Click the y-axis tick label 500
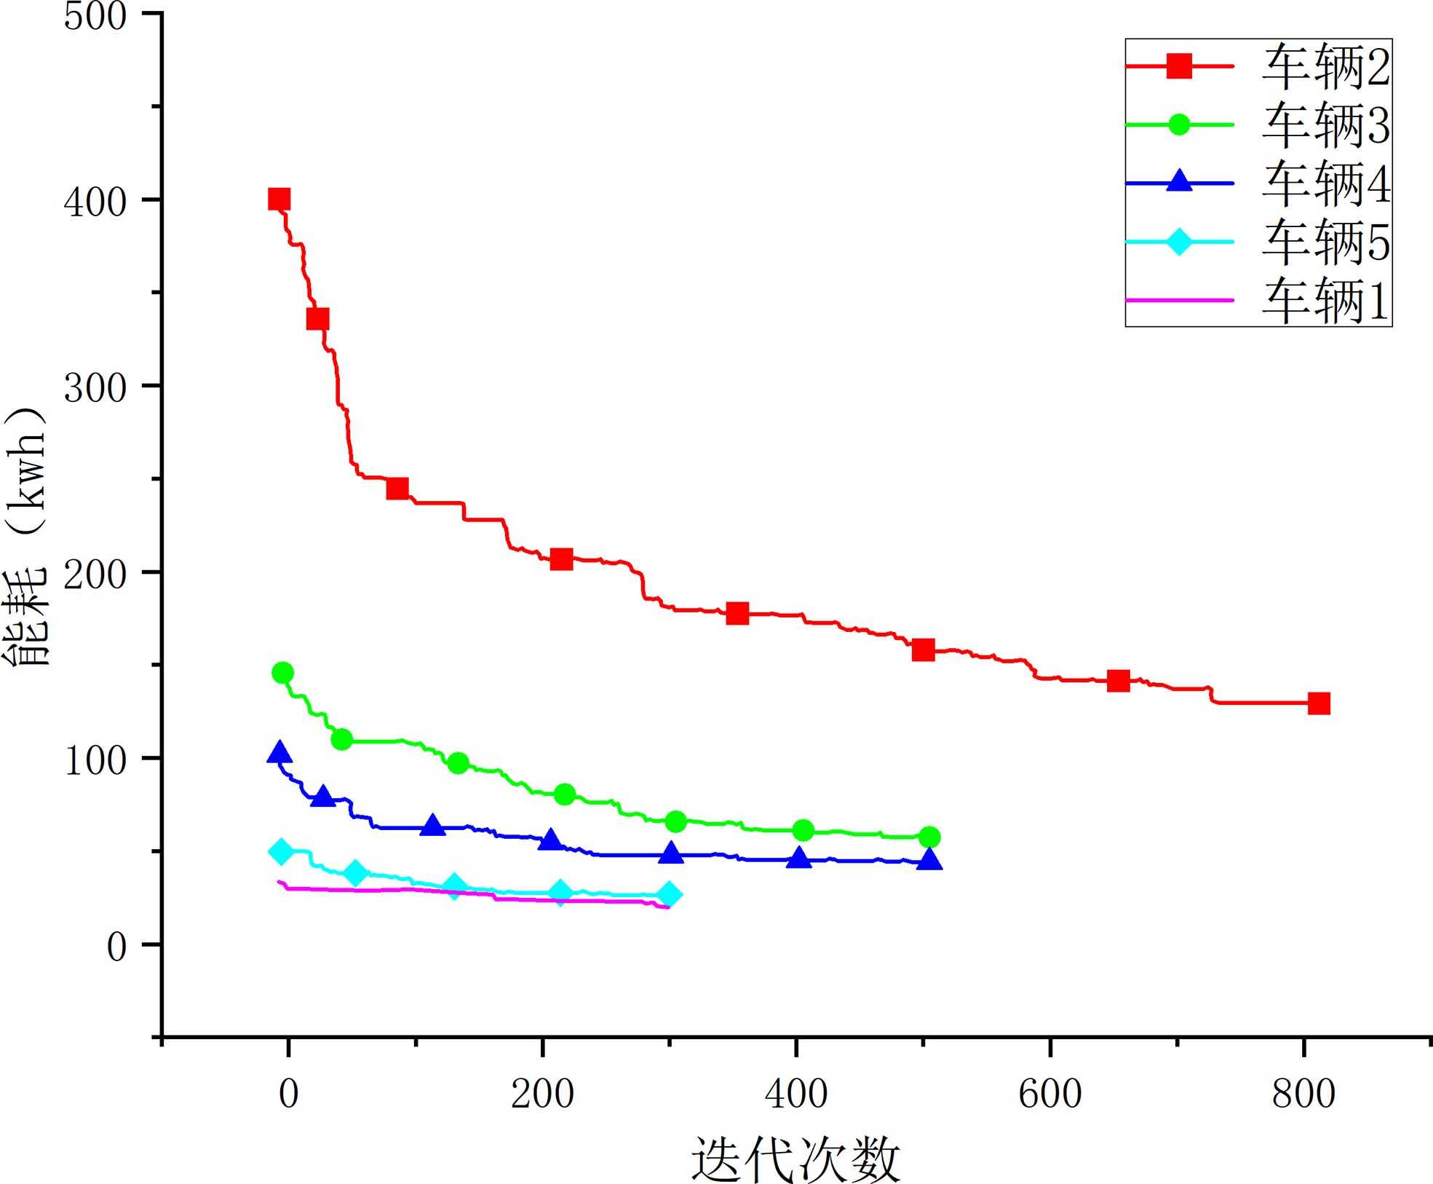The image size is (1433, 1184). [95, 16]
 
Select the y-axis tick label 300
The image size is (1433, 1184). [95, 387]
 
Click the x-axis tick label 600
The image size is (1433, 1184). [1050, 1094]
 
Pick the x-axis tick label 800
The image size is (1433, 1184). [1303, 1094]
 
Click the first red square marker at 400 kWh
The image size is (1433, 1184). [279, 200]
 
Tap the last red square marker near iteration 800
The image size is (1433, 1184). [1319, 703]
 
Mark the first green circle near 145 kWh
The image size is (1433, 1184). [282, 673]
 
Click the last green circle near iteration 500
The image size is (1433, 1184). [929, 837]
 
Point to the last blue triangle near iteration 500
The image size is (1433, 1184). [929, 860]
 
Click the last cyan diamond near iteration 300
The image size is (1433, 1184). [670, 895]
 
